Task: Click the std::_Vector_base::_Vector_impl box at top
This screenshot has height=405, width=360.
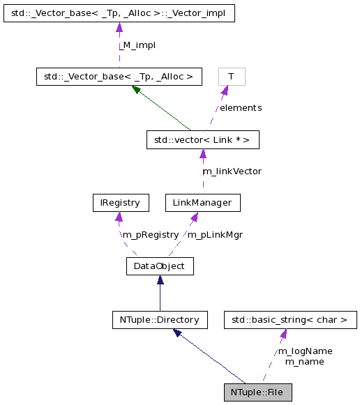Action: [x=119, y=13]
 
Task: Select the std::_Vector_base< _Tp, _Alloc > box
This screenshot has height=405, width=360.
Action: [x=119, y=76]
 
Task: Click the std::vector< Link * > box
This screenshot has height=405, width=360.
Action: [x=202, y=139]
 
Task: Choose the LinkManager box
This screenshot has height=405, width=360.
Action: [x=202, y=203]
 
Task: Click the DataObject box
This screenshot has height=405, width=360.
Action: [x=160, y=266]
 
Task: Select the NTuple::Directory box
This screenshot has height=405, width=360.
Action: [x=160, y=320]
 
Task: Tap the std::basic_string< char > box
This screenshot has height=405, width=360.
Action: [x=290, y=320]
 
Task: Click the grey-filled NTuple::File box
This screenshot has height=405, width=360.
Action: [x=257, y=392]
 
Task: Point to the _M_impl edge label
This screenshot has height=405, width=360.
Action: [x=137, y=45]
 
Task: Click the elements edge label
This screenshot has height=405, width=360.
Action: [x=240, y=108]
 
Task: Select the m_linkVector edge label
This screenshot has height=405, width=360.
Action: [x=232, y=171]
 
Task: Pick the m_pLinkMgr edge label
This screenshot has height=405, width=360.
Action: [x=216, y=234]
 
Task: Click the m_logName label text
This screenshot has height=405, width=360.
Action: [x=305, y=351]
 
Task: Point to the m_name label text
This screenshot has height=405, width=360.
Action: [x=304, y=361]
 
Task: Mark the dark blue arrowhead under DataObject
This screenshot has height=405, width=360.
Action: [x=160, y=280]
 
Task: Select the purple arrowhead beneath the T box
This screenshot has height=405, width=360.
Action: [x=225, y=90]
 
